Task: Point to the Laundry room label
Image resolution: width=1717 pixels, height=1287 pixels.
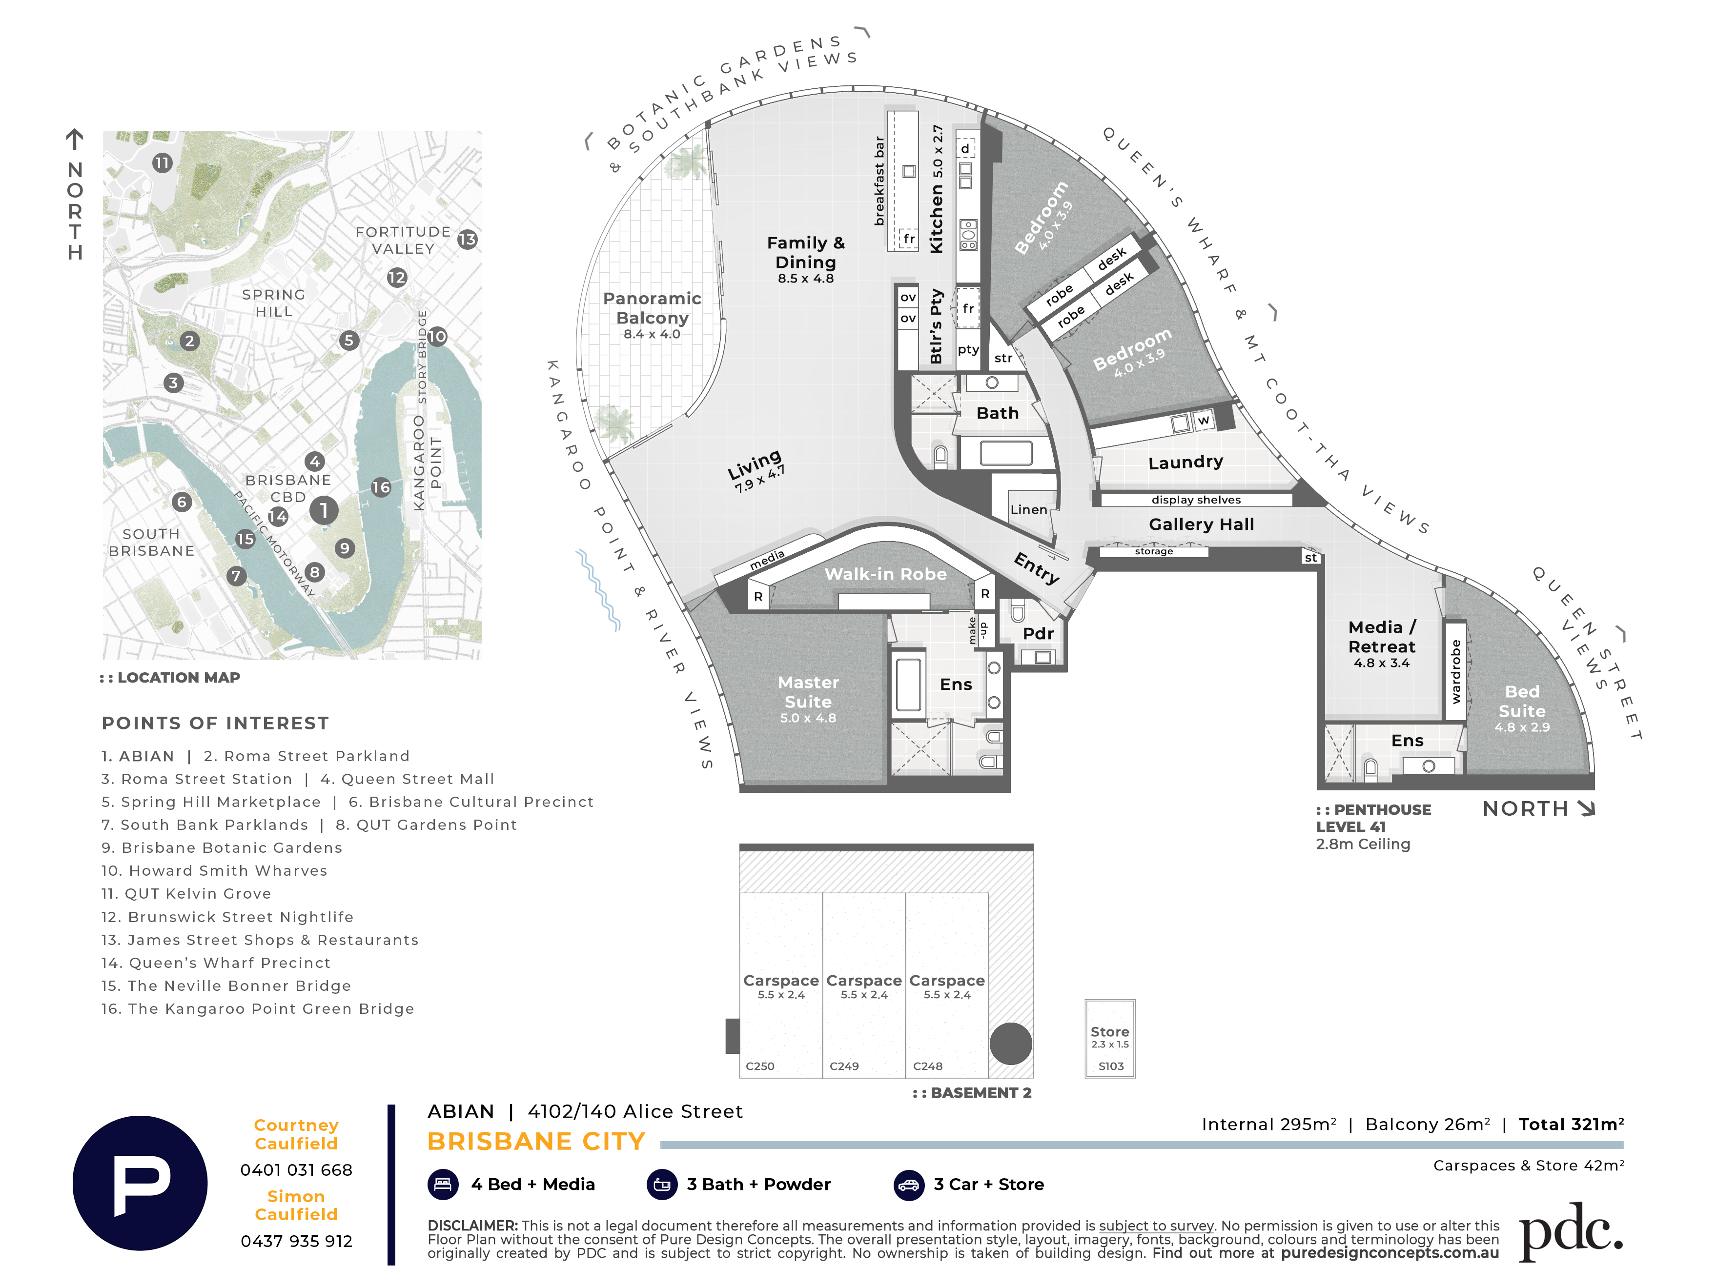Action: point(1186,463)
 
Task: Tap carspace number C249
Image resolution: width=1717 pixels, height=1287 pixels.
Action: point(844,1066)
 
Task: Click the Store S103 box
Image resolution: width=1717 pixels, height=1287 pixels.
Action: point(1110,1039)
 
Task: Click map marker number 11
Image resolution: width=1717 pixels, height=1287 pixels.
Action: point(162,163)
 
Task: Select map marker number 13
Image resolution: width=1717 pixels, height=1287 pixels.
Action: point(467,239)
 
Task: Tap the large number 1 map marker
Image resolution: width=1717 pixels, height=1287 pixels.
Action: point(324,510)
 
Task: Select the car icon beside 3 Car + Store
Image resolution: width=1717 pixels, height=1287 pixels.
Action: point(909,1185)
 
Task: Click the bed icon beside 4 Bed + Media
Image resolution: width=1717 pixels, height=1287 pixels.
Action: point(443,1185)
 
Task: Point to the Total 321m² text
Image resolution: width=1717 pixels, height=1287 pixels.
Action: point(1571,1124)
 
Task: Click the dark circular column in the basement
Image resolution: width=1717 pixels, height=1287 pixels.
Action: point(1011,1044)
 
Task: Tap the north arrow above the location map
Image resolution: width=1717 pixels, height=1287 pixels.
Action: point(75,140)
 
